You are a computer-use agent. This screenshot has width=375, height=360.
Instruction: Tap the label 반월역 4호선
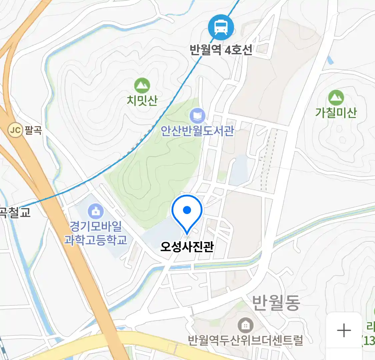click(221, 50)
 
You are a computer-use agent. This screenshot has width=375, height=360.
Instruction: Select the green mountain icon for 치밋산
click(142, 86)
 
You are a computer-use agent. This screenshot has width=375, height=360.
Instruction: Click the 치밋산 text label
click(142, 100)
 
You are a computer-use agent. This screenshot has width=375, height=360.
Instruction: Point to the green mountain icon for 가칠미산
click(336, 98)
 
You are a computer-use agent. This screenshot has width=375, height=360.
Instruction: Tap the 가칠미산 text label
click(336, 112)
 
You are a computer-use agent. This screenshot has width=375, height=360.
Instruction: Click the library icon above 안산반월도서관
click(197, 116)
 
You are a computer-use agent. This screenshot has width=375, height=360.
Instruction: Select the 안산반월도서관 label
click(197, 131)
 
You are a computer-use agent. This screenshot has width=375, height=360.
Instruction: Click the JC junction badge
click(15, 130)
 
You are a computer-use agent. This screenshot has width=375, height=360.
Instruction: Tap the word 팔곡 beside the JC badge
click(33, 130)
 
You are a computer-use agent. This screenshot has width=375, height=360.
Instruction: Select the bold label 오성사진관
click(187, 247)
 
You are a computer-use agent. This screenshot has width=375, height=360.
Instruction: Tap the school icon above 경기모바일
click(96, 211)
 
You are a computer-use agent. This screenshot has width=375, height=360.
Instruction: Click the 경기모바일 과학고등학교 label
click(96, 233)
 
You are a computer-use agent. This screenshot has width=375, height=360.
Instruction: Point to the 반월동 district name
click(276, 303)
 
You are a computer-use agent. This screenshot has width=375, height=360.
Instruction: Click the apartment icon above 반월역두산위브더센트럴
click(246, 325)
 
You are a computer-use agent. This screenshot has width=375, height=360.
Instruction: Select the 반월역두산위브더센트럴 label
click(246, 340)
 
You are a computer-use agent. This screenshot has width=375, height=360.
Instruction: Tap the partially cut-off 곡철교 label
click(15, 212)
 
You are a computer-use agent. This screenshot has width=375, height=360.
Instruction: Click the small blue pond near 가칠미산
click(330, 60)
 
